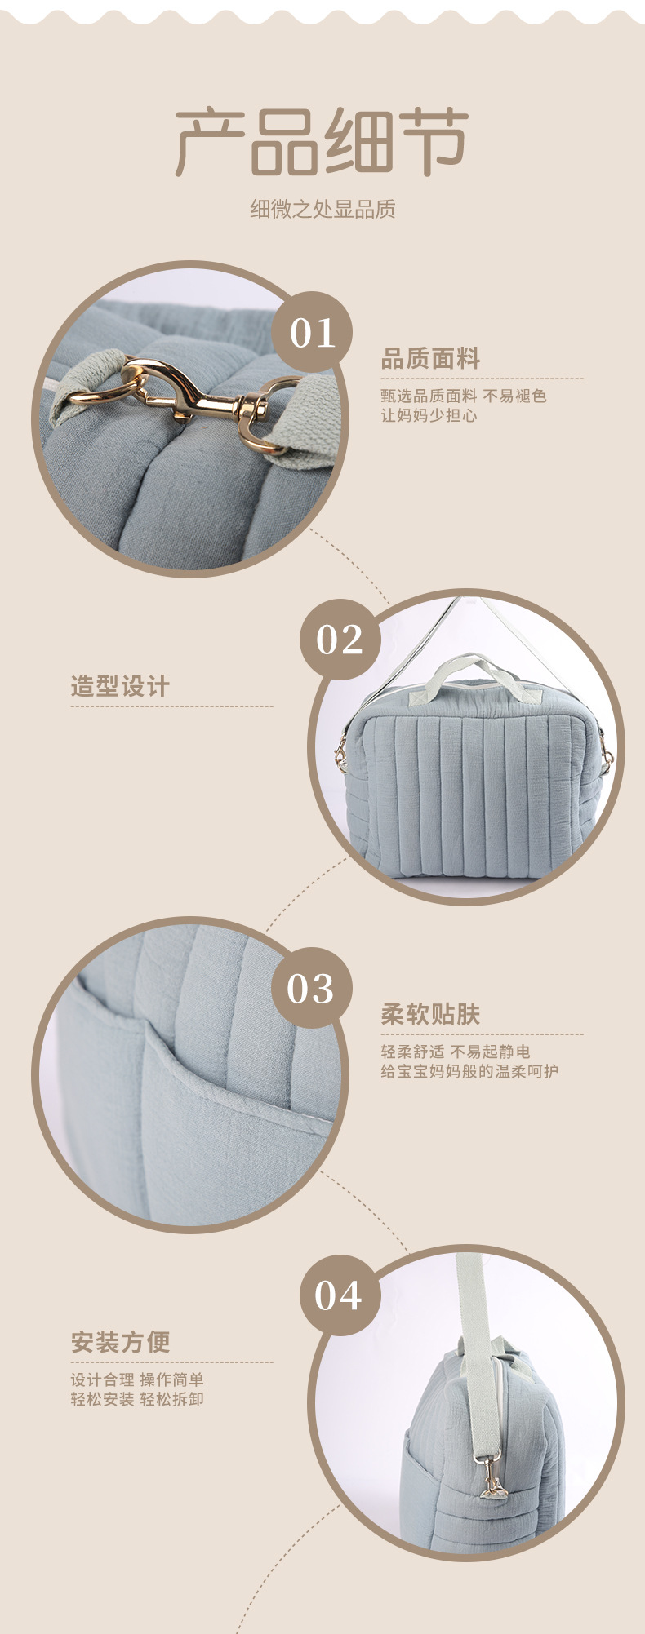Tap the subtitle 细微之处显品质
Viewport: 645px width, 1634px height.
[322, 210]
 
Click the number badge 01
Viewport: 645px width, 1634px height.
[312, 333]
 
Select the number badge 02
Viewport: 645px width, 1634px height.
[340, 639]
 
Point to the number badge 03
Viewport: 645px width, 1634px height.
[311, 988]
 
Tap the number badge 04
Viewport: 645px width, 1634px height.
[338, 1295]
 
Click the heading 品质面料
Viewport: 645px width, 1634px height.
[430, 358]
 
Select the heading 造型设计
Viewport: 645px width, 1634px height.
[120, 686]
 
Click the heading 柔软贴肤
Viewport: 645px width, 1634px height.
[430, 1014]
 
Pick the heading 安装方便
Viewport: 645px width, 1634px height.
[120, 1342]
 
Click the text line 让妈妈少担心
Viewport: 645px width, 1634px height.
[429, 415]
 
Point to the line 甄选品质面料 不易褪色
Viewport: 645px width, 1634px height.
[463, 396]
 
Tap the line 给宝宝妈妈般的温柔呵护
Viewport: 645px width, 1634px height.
[469, 1071]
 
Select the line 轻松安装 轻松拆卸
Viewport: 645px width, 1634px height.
[137, 1399]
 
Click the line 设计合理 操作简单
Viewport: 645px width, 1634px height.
[137, 1379]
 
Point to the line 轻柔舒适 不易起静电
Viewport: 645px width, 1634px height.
[456, 1052]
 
